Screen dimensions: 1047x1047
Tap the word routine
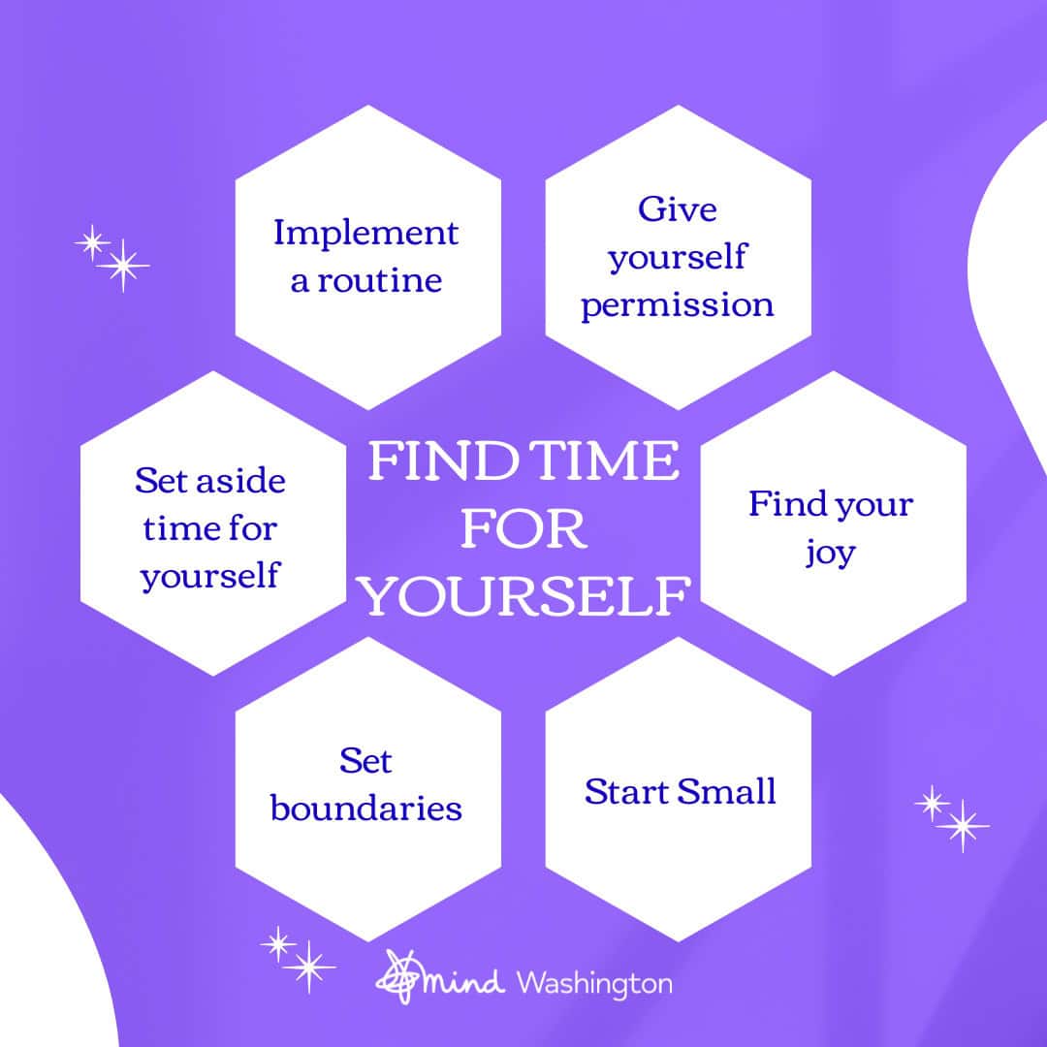tap(379, 280)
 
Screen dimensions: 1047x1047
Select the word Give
tap(677, 209)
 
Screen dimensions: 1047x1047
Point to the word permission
tap(677, 306)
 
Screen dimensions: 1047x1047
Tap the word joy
tap(830, 554)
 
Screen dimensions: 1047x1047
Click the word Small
tap(726, 792)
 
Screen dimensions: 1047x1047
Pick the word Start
tap(626, 793)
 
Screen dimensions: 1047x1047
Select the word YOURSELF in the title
tap(524, 596)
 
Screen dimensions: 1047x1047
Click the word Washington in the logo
tap(594, 984)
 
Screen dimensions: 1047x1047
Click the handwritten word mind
tap(463, 982)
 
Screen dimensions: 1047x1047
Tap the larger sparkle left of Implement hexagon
tap(123, 266)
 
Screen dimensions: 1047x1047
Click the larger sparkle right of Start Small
tap(963, 826)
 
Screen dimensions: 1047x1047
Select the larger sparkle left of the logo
tap(308, 967)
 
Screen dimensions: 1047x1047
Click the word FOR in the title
tap(524, 529)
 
